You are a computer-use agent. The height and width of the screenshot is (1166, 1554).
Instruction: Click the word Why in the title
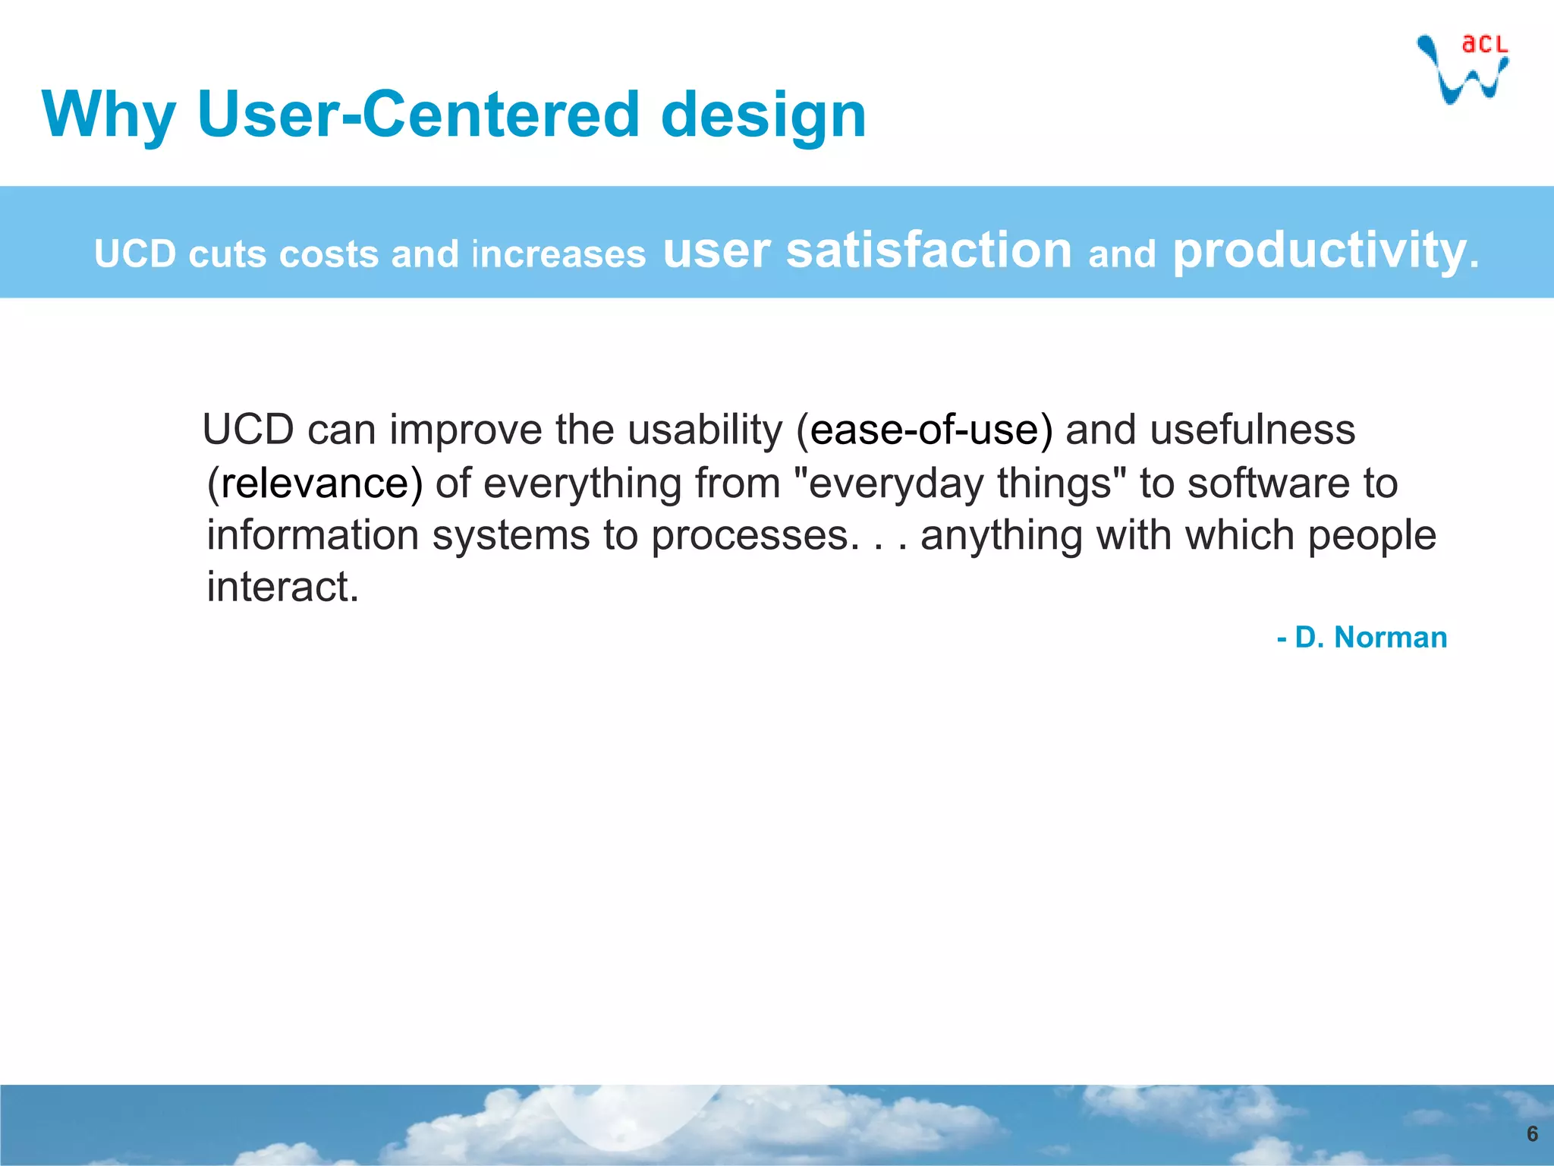pyautogui.click(x=109, y=115)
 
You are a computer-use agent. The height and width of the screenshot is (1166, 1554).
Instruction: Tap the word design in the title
pyautogui.click(x=763, y=115)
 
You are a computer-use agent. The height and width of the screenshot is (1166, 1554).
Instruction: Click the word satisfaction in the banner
pyautogui.click(x=929, y=251)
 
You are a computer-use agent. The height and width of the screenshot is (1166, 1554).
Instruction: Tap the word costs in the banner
pyautogui.click(x=329, y=254)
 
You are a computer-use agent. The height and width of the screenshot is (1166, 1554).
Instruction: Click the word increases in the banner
pyautogui.click(x=558, y=254)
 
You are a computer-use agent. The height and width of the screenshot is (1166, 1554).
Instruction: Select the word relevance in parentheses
pyautogui.click(x=315, y=484)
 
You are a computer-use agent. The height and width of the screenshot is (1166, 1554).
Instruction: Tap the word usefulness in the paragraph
pyautogui.click(x=1252, y=430)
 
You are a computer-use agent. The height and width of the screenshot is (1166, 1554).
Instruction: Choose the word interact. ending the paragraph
pyautogui.click(x=282, y=587)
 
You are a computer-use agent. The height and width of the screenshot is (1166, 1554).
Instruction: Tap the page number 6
pyautogui.click(x=1532, y=1134)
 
